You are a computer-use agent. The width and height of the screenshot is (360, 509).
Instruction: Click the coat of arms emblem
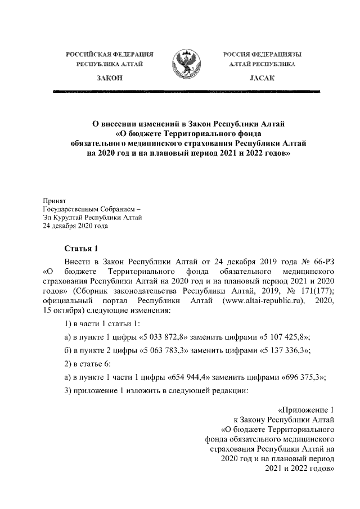[x=185, y=64]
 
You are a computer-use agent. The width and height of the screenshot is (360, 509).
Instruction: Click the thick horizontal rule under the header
[x=185, y=91]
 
